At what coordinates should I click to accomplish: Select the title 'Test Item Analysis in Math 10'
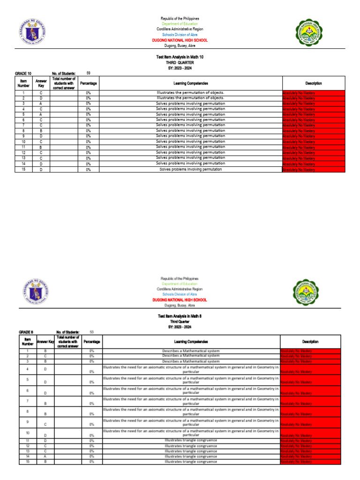[x=180, y=57]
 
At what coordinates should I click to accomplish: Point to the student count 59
[x=89, y=73]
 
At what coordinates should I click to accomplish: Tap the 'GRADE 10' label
[x=23, y=74]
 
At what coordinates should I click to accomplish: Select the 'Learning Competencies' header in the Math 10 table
[x=190, y=83]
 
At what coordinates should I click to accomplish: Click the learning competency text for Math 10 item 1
[x=190, y=93]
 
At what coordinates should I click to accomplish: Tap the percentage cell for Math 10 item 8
[x=88, y=131]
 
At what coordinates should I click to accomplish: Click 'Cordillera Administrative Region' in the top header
[x=180, y=29]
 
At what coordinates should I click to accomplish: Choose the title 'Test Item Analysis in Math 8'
[x=180, y=316]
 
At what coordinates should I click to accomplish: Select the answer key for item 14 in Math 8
[x=45, y=456]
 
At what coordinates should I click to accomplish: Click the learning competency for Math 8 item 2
[x=190, y=356]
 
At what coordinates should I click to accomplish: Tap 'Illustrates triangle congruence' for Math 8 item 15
[x=190, y=462]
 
